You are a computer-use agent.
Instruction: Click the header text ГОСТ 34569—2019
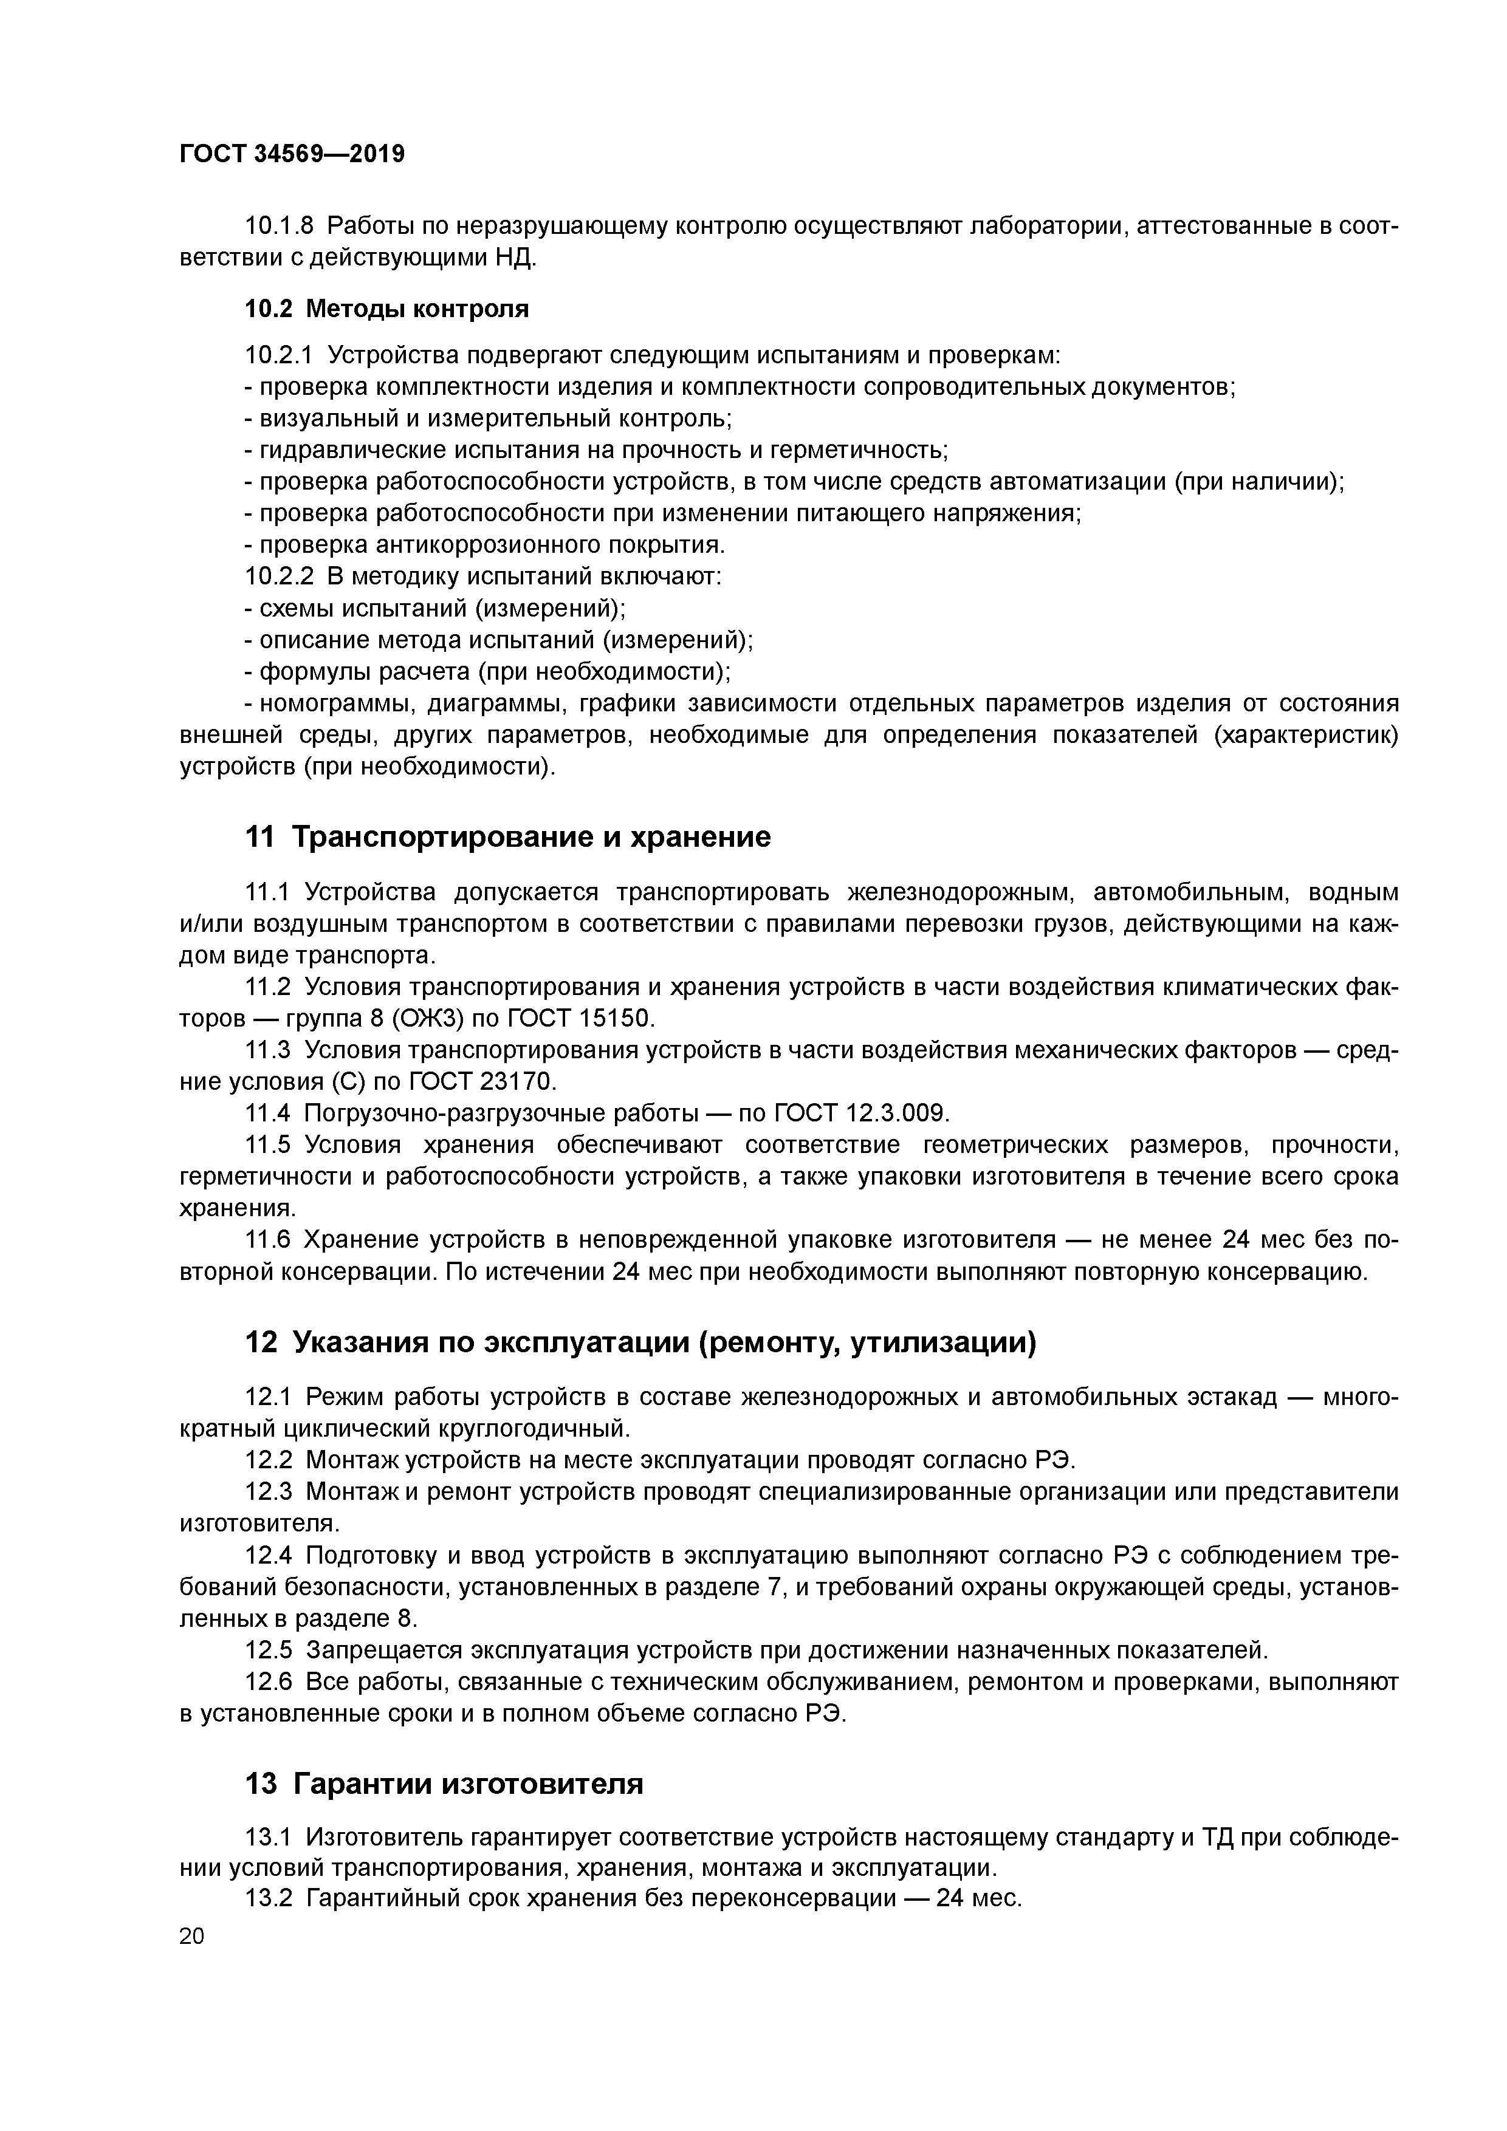tap(292, 154)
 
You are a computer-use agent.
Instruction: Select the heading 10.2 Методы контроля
tap(386, 309)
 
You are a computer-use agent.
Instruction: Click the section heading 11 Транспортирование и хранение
tap(507, 837)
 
